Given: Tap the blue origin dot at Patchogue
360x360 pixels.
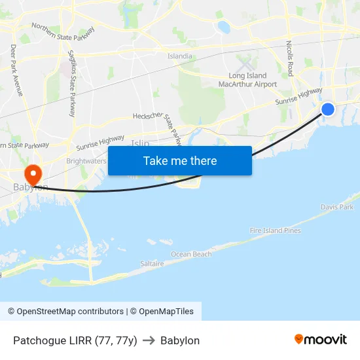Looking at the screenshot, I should [x=328, y=109].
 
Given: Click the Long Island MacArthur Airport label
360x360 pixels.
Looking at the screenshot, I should [x=247, y=80].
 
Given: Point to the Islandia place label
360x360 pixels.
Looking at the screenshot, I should [x=180, y=56].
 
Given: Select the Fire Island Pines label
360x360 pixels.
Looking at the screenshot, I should [x=275, y=230].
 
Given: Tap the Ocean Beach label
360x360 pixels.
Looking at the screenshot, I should [x=191, y=254].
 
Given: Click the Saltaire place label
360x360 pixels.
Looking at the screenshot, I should [x=152, y=263].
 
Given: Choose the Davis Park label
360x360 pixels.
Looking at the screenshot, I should [x=336, y=207].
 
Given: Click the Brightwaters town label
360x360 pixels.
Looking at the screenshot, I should [x=86, y=160].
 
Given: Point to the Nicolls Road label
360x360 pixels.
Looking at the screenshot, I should [x=289, y=59].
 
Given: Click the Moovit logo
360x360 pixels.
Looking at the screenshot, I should [x=321, y=340].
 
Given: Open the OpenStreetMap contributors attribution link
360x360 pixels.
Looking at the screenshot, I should [x=65, y=312].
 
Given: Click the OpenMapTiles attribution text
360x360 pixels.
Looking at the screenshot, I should [x=162, y=312].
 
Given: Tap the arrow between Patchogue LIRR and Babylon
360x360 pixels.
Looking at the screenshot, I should [x=149, y=340].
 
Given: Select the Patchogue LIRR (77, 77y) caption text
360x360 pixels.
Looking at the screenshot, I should [x=75, y=340].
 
